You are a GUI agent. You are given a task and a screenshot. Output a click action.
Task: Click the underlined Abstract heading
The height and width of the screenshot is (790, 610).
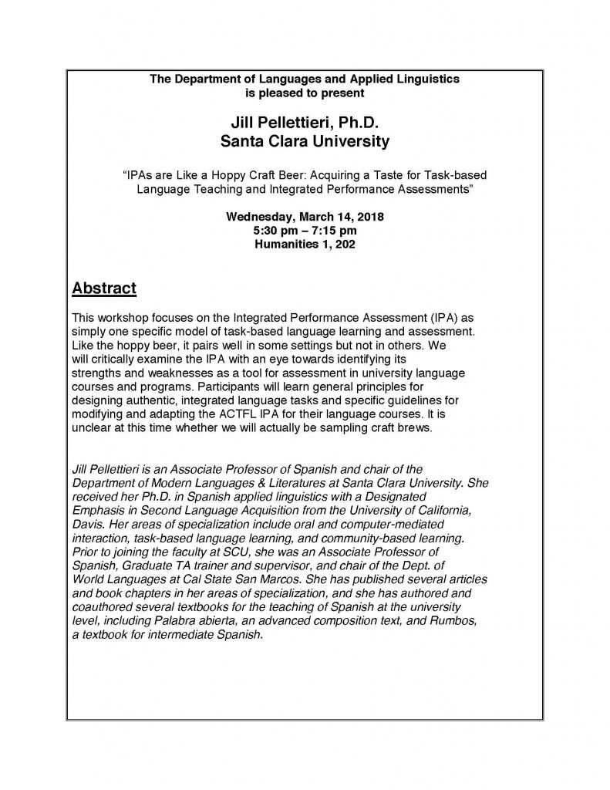pyautogui.click(x=104, y=289)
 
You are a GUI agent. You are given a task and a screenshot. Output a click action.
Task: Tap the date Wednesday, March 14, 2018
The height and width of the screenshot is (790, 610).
pyautogui.click(x=305, y=217)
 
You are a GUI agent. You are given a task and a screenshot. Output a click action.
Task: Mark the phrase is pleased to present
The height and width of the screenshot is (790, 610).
pyautogui.click(x=305, y=93)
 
